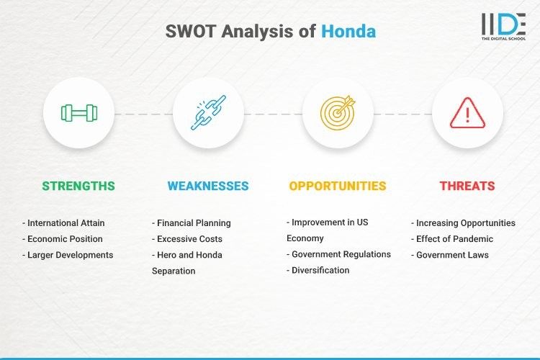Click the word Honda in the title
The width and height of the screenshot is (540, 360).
(x=349, y=32)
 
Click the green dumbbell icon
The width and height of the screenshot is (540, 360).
(x=78, y=113)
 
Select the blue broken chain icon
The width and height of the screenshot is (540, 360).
(x=208, y=113)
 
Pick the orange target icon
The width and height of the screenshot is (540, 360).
(x=338, y=113)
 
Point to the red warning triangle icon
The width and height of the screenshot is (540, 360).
(x=467, y=113)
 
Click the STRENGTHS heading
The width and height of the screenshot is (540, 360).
(x=78, y=186)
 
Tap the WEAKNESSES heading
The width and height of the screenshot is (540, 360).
(x=208, y=186)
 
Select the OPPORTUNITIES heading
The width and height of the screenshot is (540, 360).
(x=338, y=186)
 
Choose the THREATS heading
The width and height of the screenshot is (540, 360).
(x=467, y=186)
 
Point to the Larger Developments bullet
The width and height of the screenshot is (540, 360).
(x=68, y=255)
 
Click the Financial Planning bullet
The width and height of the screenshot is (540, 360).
(x=192, y=223)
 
